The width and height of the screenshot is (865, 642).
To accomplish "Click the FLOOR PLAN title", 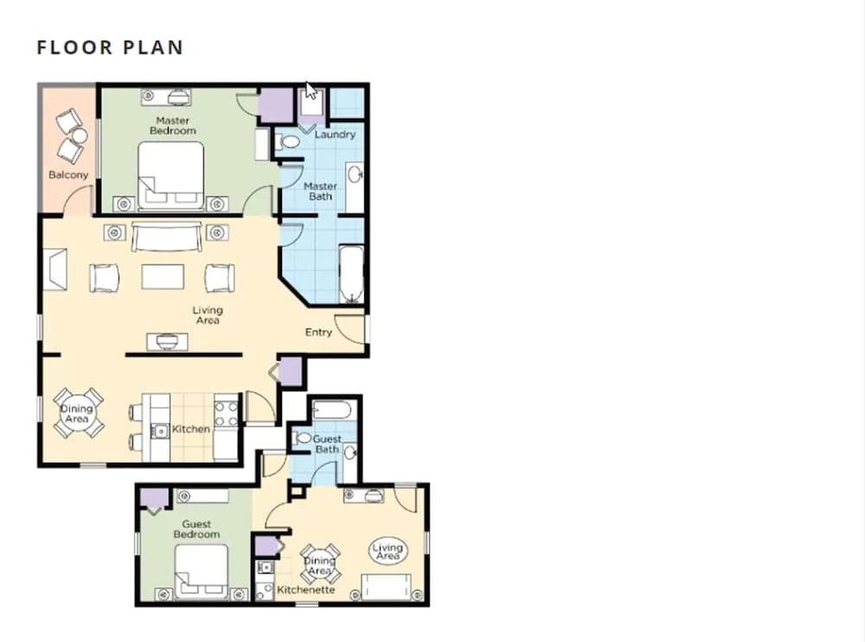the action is [x=110, y=48].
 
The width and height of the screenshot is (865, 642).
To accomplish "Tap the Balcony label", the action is [x=68, y=175].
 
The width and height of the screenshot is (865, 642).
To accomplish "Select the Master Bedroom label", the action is [x=173, y=125].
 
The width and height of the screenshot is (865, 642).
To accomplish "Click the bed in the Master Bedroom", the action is [x=171, y=175].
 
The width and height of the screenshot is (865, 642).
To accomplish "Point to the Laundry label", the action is [x=335, y=134].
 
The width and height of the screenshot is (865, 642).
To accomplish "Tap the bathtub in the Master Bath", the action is [x=351, y=274].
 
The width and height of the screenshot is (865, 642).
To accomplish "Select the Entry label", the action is [x=318, y=331].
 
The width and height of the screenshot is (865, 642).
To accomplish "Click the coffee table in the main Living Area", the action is [x=163, y=277].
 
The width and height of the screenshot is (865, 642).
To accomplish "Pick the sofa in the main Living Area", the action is [x=166, y=236].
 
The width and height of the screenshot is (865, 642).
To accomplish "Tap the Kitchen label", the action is [x=191, y=429].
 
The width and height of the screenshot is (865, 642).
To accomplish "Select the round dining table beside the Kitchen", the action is [x=78, y=414].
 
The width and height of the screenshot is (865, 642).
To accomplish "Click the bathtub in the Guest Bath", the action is [x=331, y=411].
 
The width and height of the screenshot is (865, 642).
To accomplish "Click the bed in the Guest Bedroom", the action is [x=202, y=571].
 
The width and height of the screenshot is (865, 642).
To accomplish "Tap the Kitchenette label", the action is [x=305, y=589].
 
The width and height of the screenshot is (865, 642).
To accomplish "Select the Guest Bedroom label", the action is [x=196, y=529].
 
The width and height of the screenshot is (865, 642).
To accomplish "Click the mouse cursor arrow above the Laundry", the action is [x=311, y=91].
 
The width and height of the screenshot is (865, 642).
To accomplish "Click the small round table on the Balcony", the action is [x=80, y=135].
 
